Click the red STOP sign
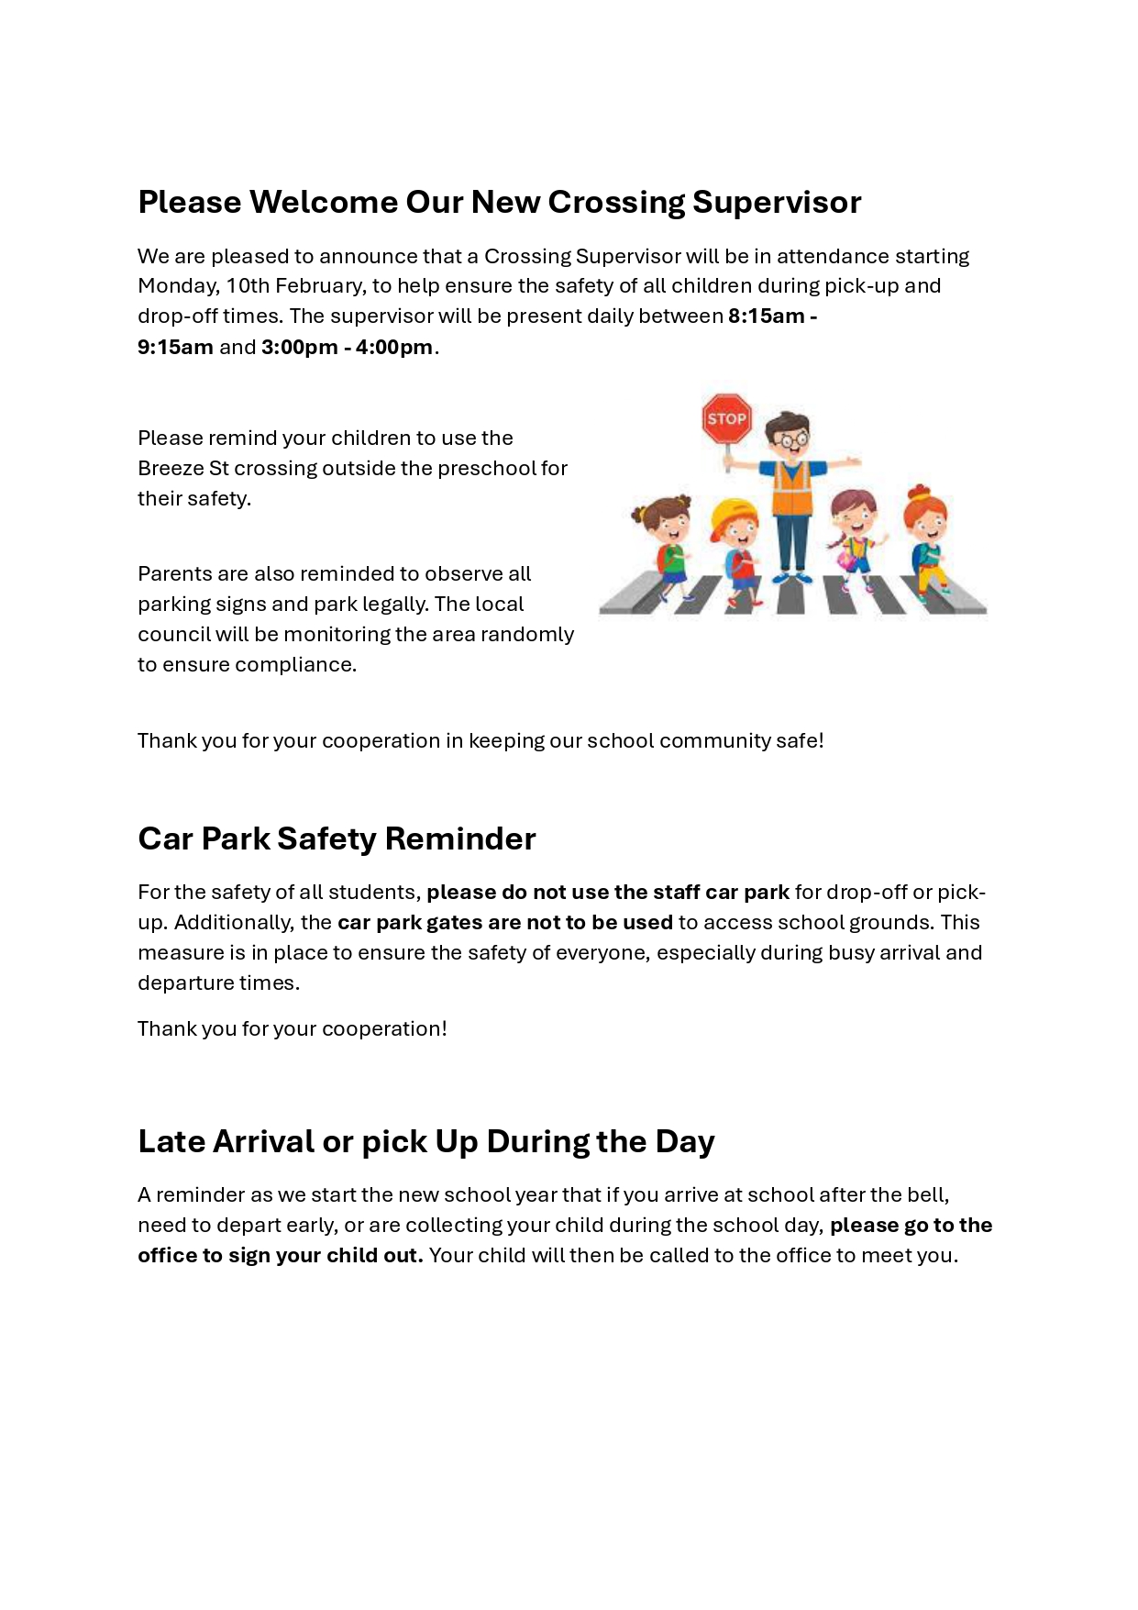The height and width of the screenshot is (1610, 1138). [726, 419]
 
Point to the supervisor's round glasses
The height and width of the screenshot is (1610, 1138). [790, 439]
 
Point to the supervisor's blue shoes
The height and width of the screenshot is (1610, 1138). [791, 578]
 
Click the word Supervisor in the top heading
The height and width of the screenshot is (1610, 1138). [776, 202]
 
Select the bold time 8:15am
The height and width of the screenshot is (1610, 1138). [766, 316]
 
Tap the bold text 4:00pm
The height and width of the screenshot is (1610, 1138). [393, 347]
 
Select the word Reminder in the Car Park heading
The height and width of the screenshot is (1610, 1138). [459, 838]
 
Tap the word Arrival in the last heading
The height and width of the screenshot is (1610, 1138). [263, 1141]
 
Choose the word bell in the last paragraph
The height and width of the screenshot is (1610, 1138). [926, 1194]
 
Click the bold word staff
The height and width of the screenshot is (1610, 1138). [676, 892]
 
